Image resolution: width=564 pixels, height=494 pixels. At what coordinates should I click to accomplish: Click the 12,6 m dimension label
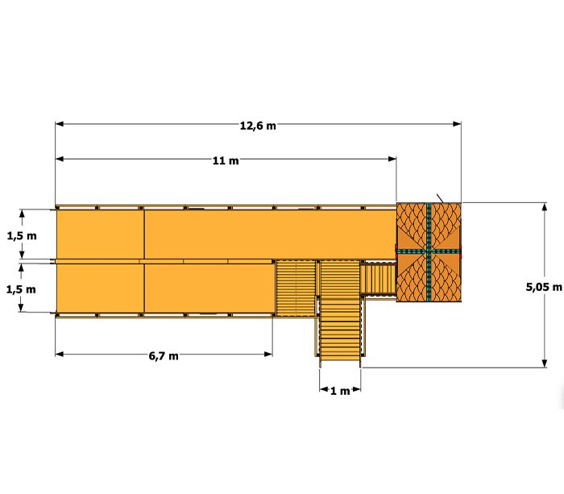pyautogui.click(x=258, y=126)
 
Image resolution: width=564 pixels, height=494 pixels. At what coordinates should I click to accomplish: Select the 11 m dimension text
pyautogui.click(x=226, y=160)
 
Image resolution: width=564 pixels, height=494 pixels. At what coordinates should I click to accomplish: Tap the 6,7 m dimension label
pyautogui.click(x=164, y=356)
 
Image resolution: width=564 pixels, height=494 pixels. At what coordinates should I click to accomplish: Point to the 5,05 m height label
pyautogui.click(x=544, y=287)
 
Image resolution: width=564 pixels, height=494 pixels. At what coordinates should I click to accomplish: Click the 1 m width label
pyautogui.click(x=340, y=391)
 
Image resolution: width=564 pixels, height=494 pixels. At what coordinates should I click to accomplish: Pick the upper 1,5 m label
pyautogui.click(x=22, y=235)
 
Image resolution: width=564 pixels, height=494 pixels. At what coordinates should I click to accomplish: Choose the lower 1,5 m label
pyautogui.click(x=21, y=289)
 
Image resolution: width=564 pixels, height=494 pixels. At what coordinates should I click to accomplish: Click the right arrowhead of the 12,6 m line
pyautogui.click(x=457, y=124)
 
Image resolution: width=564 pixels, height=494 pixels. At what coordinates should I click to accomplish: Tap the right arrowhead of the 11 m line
pyautogui.click(x=392, y=159)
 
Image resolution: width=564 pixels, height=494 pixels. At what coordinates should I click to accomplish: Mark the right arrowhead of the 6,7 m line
pyautogui.click(x=268, y=354)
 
